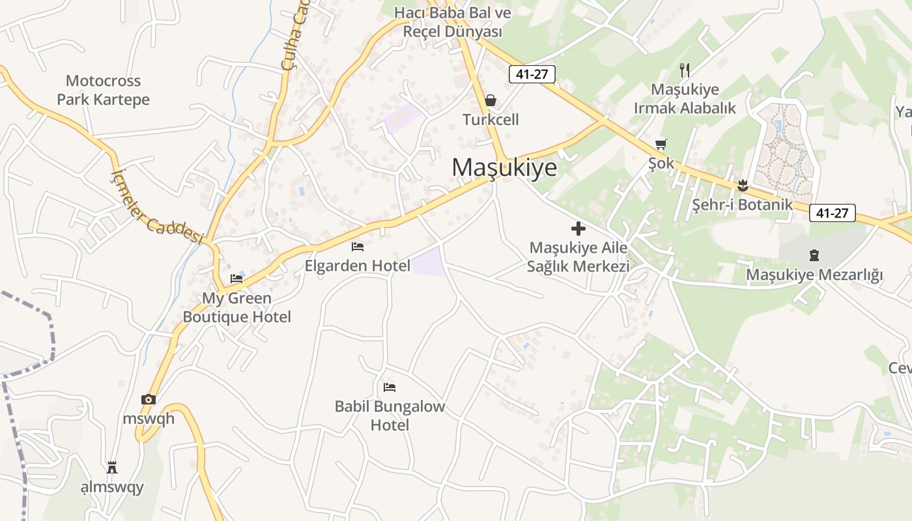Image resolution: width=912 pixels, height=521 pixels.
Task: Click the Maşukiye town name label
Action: click(505, 167)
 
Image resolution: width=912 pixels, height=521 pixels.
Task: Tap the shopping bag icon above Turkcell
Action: click(491, 100)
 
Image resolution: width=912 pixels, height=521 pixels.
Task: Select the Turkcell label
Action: click(491, 120)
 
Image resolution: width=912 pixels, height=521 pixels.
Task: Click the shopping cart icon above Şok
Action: click(661, 144)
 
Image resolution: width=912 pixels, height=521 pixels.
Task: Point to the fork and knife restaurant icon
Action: click(684, 70)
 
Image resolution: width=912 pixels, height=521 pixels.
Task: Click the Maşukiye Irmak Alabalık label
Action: click(685, 98)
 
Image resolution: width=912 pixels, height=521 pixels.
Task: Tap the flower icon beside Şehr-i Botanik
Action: click(742, 186)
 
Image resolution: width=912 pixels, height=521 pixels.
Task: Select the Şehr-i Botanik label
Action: click(742, 204)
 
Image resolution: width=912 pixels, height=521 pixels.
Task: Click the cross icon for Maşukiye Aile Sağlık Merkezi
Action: click(578, 229)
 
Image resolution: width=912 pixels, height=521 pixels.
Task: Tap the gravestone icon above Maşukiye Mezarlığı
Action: click(814, 255)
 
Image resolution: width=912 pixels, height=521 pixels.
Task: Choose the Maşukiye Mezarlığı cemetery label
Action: click(814, 275)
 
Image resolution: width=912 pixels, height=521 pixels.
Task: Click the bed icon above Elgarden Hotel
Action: click(358, 247)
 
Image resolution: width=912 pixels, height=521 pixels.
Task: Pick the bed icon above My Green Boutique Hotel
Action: click(236, 279)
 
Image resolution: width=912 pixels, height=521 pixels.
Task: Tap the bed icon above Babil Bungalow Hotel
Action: click(390, 387)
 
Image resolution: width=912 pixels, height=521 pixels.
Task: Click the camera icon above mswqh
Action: click(149, 399)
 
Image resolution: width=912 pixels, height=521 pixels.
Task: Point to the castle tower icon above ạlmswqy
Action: click(112, 468)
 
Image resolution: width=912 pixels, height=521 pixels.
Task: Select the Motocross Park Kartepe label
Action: click(103, 91)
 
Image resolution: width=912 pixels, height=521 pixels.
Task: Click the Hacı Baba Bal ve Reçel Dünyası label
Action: click(453, 21)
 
